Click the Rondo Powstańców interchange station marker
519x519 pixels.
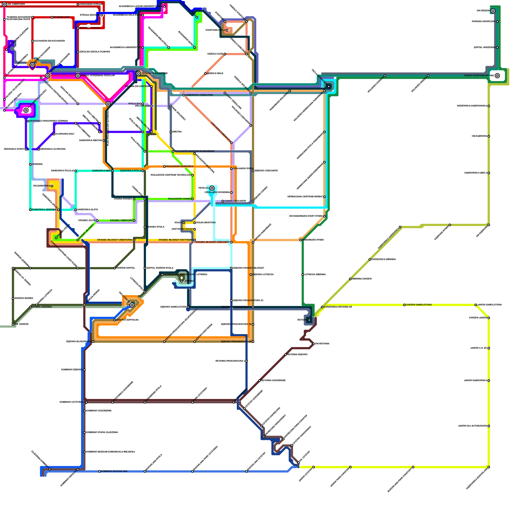(x=497, y=76)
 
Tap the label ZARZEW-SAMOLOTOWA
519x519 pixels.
(x=419, y=305)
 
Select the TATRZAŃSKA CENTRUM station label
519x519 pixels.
(x=154, y=73)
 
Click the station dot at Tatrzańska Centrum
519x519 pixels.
(x=139, y=74)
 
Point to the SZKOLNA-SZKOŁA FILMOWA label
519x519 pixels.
(x=95, y=52)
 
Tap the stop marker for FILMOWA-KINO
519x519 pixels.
(x=52, y=17)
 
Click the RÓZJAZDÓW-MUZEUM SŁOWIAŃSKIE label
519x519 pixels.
(x=194, y=151)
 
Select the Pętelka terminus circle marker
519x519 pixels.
(x=212, y=188)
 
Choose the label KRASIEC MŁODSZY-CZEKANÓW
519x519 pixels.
(x=212, y=242)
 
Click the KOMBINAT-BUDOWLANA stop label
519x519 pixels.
(x=114, y=471)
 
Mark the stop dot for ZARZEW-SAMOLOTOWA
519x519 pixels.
(x=404, y=305)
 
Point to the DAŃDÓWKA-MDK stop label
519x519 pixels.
(x=102, y=171)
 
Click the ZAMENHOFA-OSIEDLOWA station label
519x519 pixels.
(x=199, y=95)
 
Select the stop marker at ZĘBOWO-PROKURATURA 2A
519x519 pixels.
(x=253, y=342)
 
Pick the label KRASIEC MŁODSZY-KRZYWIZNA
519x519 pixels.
(x=175, y=240)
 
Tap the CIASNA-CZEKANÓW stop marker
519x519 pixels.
(x=223, y=201)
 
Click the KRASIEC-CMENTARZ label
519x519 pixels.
(x=121, y=221)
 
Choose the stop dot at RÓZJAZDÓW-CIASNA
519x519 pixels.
(x=192, y=199)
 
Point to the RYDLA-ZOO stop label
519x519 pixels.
(x=135, y=104)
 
